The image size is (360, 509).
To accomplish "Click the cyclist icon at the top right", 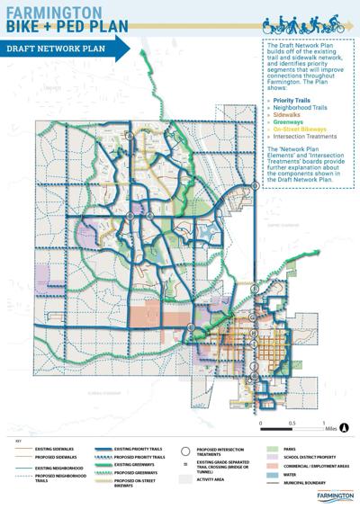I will coord(325,21).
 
